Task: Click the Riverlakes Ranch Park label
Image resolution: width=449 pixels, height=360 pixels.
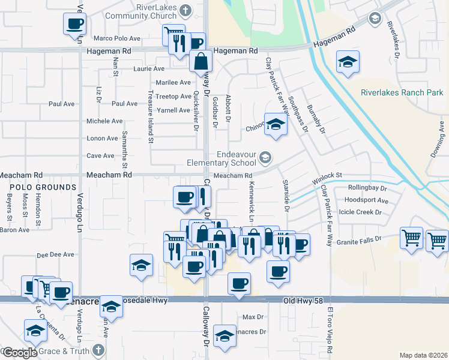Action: point(402,92)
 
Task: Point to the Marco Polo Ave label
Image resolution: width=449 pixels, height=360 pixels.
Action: point(117,38)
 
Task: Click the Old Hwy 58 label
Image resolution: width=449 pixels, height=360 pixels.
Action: point(304,299)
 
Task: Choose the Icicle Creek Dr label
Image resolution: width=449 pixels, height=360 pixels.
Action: point(361,212)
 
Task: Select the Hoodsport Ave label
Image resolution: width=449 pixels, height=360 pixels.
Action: point(368,200)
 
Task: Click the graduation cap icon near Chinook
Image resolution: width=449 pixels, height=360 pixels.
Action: point(276,124)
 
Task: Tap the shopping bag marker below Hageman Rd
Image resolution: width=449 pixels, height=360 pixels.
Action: point(200,61)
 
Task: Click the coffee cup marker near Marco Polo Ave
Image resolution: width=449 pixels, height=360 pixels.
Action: point(74,24)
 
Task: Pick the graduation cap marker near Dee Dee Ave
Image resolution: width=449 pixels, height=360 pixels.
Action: point(141,265)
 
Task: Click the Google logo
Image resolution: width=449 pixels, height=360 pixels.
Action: point(19,353)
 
